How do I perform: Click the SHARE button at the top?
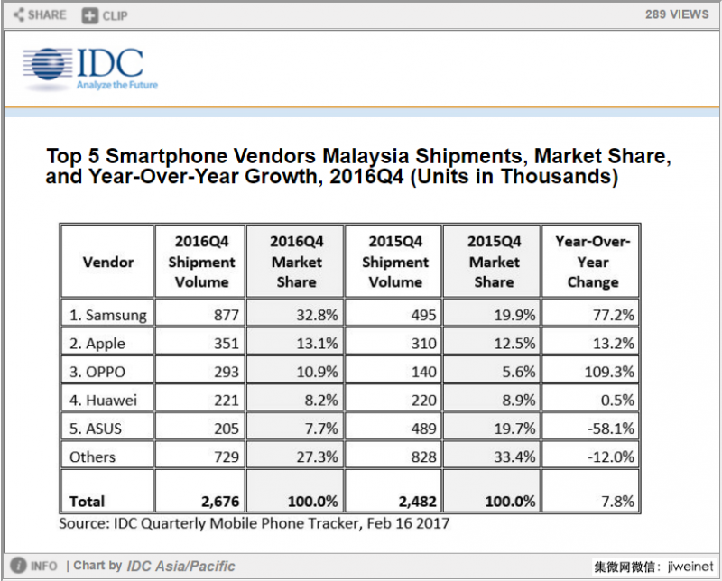(40, 14)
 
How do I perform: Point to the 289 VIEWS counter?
(677, 14)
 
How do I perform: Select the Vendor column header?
(108, 262)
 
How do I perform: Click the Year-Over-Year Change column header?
(593, 262)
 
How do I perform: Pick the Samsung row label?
(107, 315)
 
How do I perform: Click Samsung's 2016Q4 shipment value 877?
(227, 315)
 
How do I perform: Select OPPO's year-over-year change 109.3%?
(609, 372)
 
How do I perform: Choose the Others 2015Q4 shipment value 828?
(422, 457)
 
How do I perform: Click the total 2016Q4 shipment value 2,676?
(219, 502)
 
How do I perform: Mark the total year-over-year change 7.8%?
(617, 502)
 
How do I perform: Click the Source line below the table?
(255, 522)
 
